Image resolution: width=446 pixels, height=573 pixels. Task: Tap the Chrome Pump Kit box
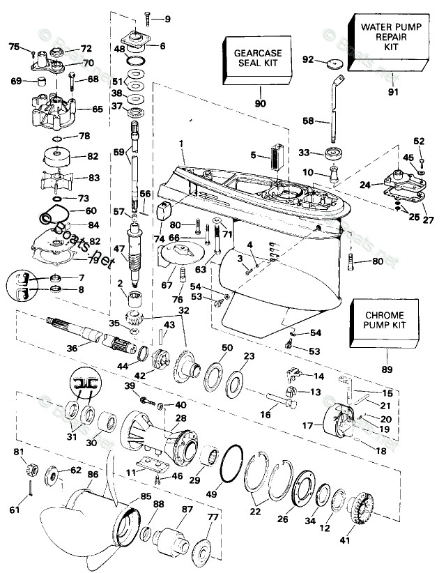pyautogui.click(x=387, y=323)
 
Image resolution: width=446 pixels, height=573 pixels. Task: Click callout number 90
pyautogui.click(x=260, y=103)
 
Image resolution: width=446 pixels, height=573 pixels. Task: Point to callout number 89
pyautogui.click(x=387, y=369)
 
